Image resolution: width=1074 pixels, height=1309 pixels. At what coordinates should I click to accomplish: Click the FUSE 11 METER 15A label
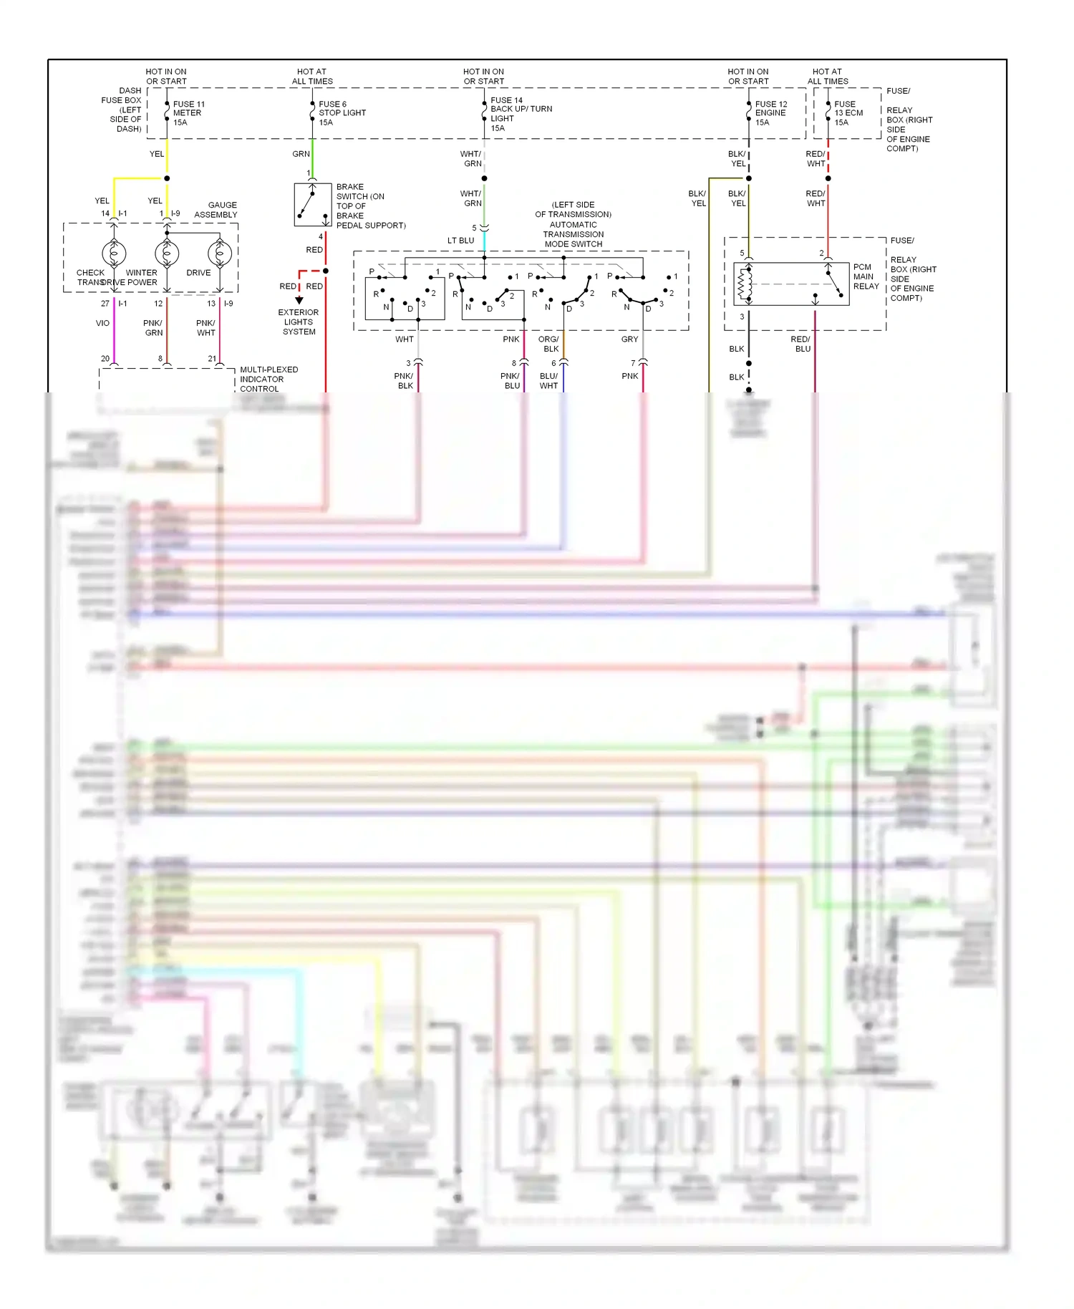tap(188, 113)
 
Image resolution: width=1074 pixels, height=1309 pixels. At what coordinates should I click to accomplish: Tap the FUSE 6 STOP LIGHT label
tap(342, 113)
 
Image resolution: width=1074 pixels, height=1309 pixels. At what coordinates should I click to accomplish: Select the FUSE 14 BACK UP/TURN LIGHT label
tap(520, 114)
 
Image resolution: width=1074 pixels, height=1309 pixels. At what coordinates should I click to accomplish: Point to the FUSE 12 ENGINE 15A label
tap(770, 113)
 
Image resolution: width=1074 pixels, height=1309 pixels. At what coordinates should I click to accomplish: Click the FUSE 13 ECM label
tap(848, 113)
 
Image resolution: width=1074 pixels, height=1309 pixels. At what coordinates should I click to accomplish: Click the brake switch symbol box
tap(312, 205)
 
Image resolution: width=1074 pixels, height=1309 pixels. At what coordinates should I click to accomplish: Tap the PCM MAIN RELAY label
tap(865, 276)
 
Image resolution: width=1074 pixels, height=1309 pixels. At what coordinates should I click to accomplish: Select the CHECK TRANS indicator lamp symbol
tap(114, 253)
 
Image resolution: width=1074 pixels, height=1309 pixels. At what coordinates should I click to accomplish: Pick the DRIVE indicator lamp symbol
tap(219, 253)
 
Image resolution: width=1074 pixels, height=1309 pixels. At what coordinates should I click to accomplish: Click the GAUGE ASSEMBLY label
tap(216, 210)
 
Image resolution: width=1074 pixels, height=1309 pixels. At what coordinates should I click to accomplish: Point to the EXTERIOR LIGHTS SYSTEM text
tap(299, 322)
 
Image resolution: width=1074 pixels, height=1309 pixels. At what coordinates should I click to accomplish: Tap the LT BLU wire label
tap(460, 241)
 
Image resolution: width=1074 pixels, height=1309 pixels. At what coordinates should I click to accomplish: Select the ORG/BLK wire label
tap(549, 344)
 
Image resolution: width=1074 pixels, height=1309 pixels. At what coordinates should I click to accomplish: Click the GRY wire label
tap(629, 339)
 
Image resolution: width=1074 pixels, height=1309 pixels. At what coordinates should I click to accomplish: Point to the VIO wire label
tap(102, 323)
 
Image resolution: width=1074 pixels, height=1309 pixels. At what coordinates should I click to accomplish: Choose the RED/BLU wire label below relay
tap(801, 344)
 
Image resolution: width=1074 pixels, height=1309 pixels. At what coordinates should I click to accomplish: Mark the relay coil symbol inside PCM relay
tap(745, 284)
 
